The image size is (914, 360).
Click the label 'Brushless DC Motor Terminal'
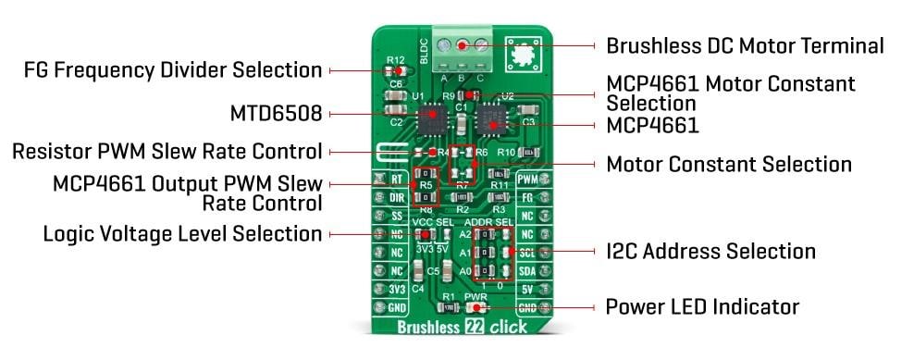(x=745, y=45)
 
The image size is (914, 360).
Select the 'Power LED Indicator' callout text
(x=701, y=306)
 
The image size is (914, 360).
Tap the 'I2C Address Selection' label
(x=710, y=251)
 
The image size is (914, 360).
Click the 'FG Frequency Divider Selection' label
(x=173, y=69)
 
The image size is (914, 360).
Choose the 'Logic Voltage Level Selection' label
(x=182, y=234)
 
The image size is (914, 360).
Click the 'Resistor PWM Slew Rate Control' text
(x=167, y=151)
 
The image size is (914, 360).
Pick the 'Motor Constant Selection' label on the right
(x=728, y=165)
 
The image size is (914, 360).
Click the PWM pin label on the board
(x=527, y=180)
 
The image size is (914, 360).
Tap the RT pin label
(x=395, y=180)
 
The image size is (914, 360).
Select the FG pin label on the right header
(x=527, y=197)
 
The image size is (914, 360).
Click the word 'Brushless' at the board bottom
(x=426, y=327)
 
